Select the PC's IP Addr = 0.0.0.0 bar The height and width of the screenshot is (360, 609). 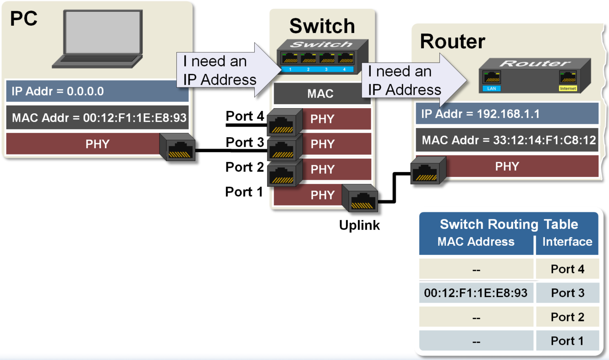pyautogui.click(x=98, y=91)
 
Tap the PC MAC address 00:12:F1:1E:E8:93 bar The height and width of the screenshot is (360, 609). pyautogui.click(x=98, y=118)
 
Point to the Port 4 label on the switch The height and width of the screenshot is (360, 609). pyautogui.click(x=245, y=116)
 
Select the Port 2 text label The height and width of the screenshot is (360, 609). pyautogui.click(x=245, y=167)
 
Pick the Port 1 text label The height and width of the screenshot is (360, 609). pyautogui.click(x=244, y=192)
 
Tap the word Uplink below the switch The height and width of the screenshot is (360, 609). pyautogui.click(x=359, y=225)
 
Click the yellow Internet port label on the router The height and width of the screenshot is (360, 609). pyautogui.click(x=567, y=88)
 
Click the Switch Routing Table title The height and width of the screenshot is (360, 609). pyautogui.click(x=509, y=224)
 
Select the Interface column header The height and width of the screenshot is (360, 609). pyautogui.click(x=567, y=242)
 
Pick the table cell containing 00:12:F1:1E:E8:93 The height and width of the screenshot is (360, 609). pyautogui.click(x=476, y=293)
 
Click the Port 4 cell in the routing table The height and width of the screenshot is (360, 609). pyautogui.click(x=567, y=269)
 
